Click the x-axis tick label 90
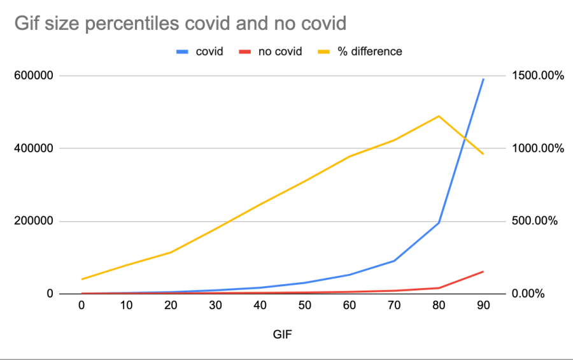click(x=483, y=306)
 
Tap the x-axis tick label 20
click(x=171, y=306)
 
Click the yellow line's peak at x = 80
click(x=439, y=116)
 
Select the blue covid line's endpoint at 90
click(x=483, y=79)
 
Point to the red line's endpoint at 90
click(x=483, y=271)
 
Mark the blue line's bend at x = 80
click(x=439, y=222)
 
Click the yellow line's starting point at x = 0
click(x=81, y=279)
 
